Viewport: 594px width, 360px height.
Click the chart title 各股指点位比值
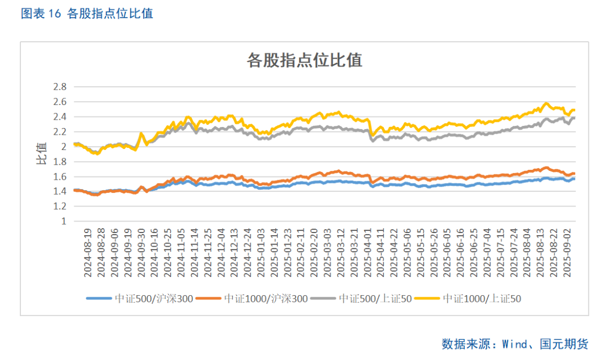(x=305, y=60)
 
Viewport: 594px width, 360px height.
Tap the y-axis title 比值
(x=42, y=154)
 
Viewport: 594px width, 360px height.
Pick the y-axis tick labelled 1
(x=64, y=221)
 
